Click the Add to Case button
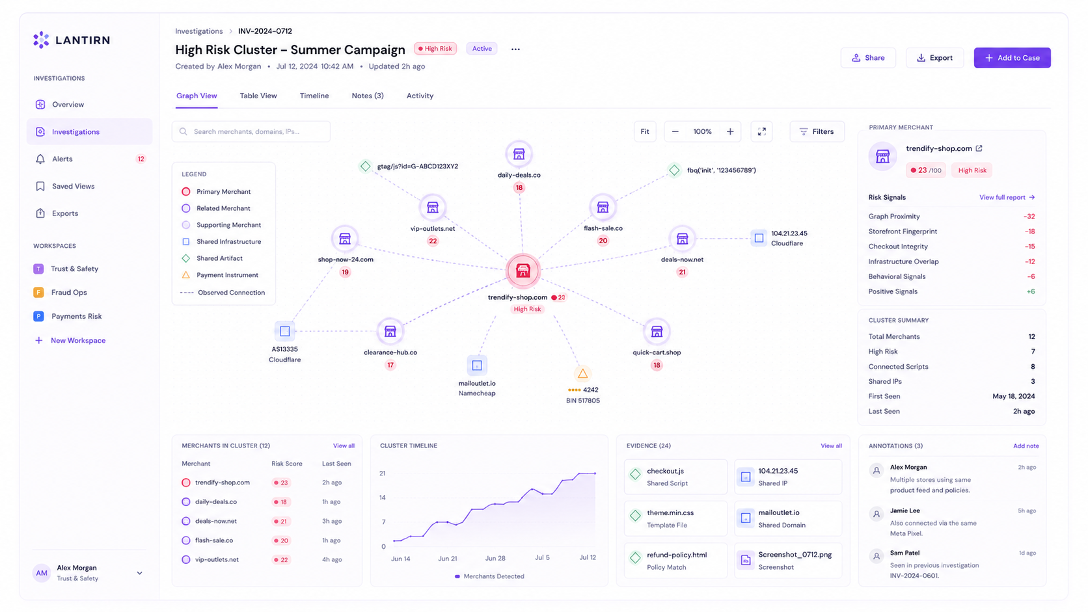tap(1012, 58)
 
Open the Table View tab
tap(258, 96)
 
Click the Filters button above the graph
tap(817, 131)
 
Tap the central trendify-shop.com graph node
tap(523, 271)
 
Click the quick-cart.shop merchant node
tap(657, 332)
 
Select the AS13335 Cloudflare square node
tap(284, 332)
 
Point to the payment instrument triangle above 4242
tap(582, 374)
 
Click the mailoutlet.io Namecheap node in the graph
tap(477, 366)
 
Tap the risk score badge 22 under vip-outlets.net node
tap(433, 241)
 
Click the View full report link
tap(1007, 198)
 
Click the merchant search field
tap(251, 131)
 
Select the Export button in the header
tap(934, 58)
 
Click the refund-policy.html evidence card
tap(675, 561)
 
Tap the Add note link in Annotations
tap(1026, 446)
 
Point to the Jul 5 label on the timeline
tap(542, 557)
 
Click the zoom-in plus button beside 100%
tap(730, 131)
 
